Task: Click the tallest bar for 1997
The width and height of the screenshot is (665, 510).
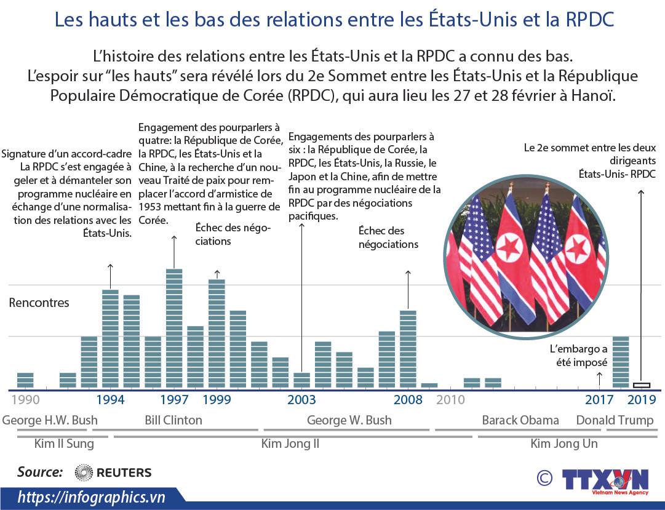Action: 174,329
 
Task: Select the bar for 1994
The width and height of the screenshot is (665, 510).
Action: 110,339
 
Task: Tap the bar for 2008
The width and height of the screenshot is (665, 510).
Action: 408,349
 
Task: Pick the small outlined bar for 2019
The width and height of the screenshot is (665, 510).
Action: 642,385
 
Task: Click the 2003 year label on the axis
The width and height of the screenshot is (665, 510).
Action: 301,400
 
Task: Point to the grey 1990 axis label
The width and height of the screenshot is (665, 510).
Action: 25,400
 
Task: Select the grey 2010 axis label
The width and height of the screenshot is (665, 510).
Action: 450,400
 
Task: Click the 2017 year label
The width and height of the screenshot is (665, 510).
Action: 599,400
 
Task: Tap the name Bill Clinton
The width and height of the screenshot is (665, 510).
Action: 173,420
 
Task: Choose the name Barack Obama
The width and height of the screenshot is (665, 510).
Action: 520,420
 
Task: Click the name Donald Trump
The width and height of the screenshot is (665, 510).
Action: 615,421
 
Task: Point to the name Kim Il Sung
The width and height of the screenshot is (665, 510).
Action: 55,444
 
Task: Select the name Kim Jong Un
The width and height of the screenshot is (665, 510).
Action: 564,444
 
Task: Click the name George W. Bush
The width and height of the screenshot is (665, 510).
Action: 349,420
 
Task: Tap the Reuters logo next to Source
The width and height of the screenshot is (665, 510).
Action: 113,472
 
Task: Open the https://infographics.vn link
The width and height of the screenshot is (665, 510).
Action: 91,497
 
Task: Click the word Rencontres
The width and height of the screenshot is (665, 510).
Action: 39,303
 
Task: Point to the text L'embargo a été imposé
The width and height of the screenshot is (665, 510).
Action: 578,356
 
